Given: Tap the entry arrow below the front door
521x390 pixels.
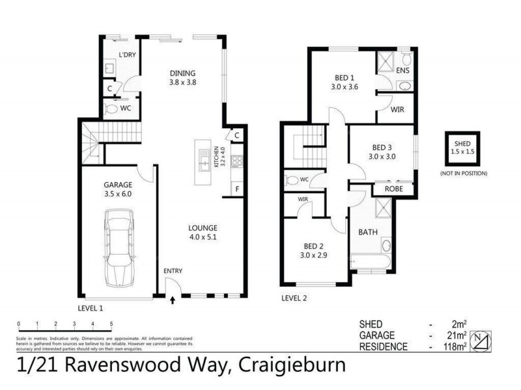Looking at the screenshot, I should tap(173, 300).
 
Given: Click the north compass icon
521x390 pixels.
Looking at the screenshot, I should tap(481, 340).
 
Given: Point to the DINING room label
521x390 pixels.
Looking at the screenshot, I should tap(182, 73).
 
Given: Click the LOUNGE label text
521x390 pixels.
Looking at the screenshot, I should tap(203, 228).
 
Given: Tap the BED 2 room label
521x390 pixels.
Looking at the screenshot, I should tap(314, 246).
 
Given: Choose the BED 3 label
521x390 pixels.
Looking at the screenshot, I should tap(382, 147).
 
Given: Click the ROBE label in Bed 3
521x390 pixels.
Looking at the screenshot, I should tap(393, 189).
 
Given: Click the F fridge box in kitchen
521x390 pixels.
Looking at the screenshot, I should tap(237, 189).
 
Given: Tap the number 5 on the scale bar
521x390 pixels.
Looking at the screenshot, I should tap(111, 323).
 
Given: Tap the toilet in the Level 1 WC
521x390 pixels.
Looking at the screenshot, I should tap(111, 109).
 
